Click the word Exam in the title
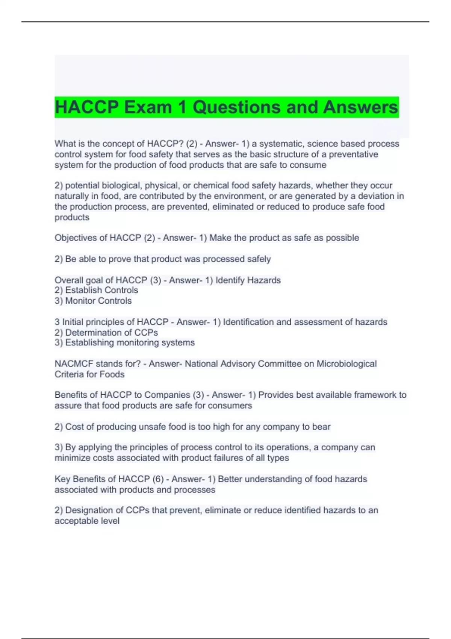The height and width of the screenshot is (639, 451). tap(148, 107)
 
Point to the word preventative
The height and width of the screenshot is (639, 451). tap(354, 154)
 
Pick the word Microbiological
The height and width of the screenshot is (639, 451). tap(347, 363)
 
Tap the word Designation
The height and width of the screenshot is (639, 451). tap(89, 510)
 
